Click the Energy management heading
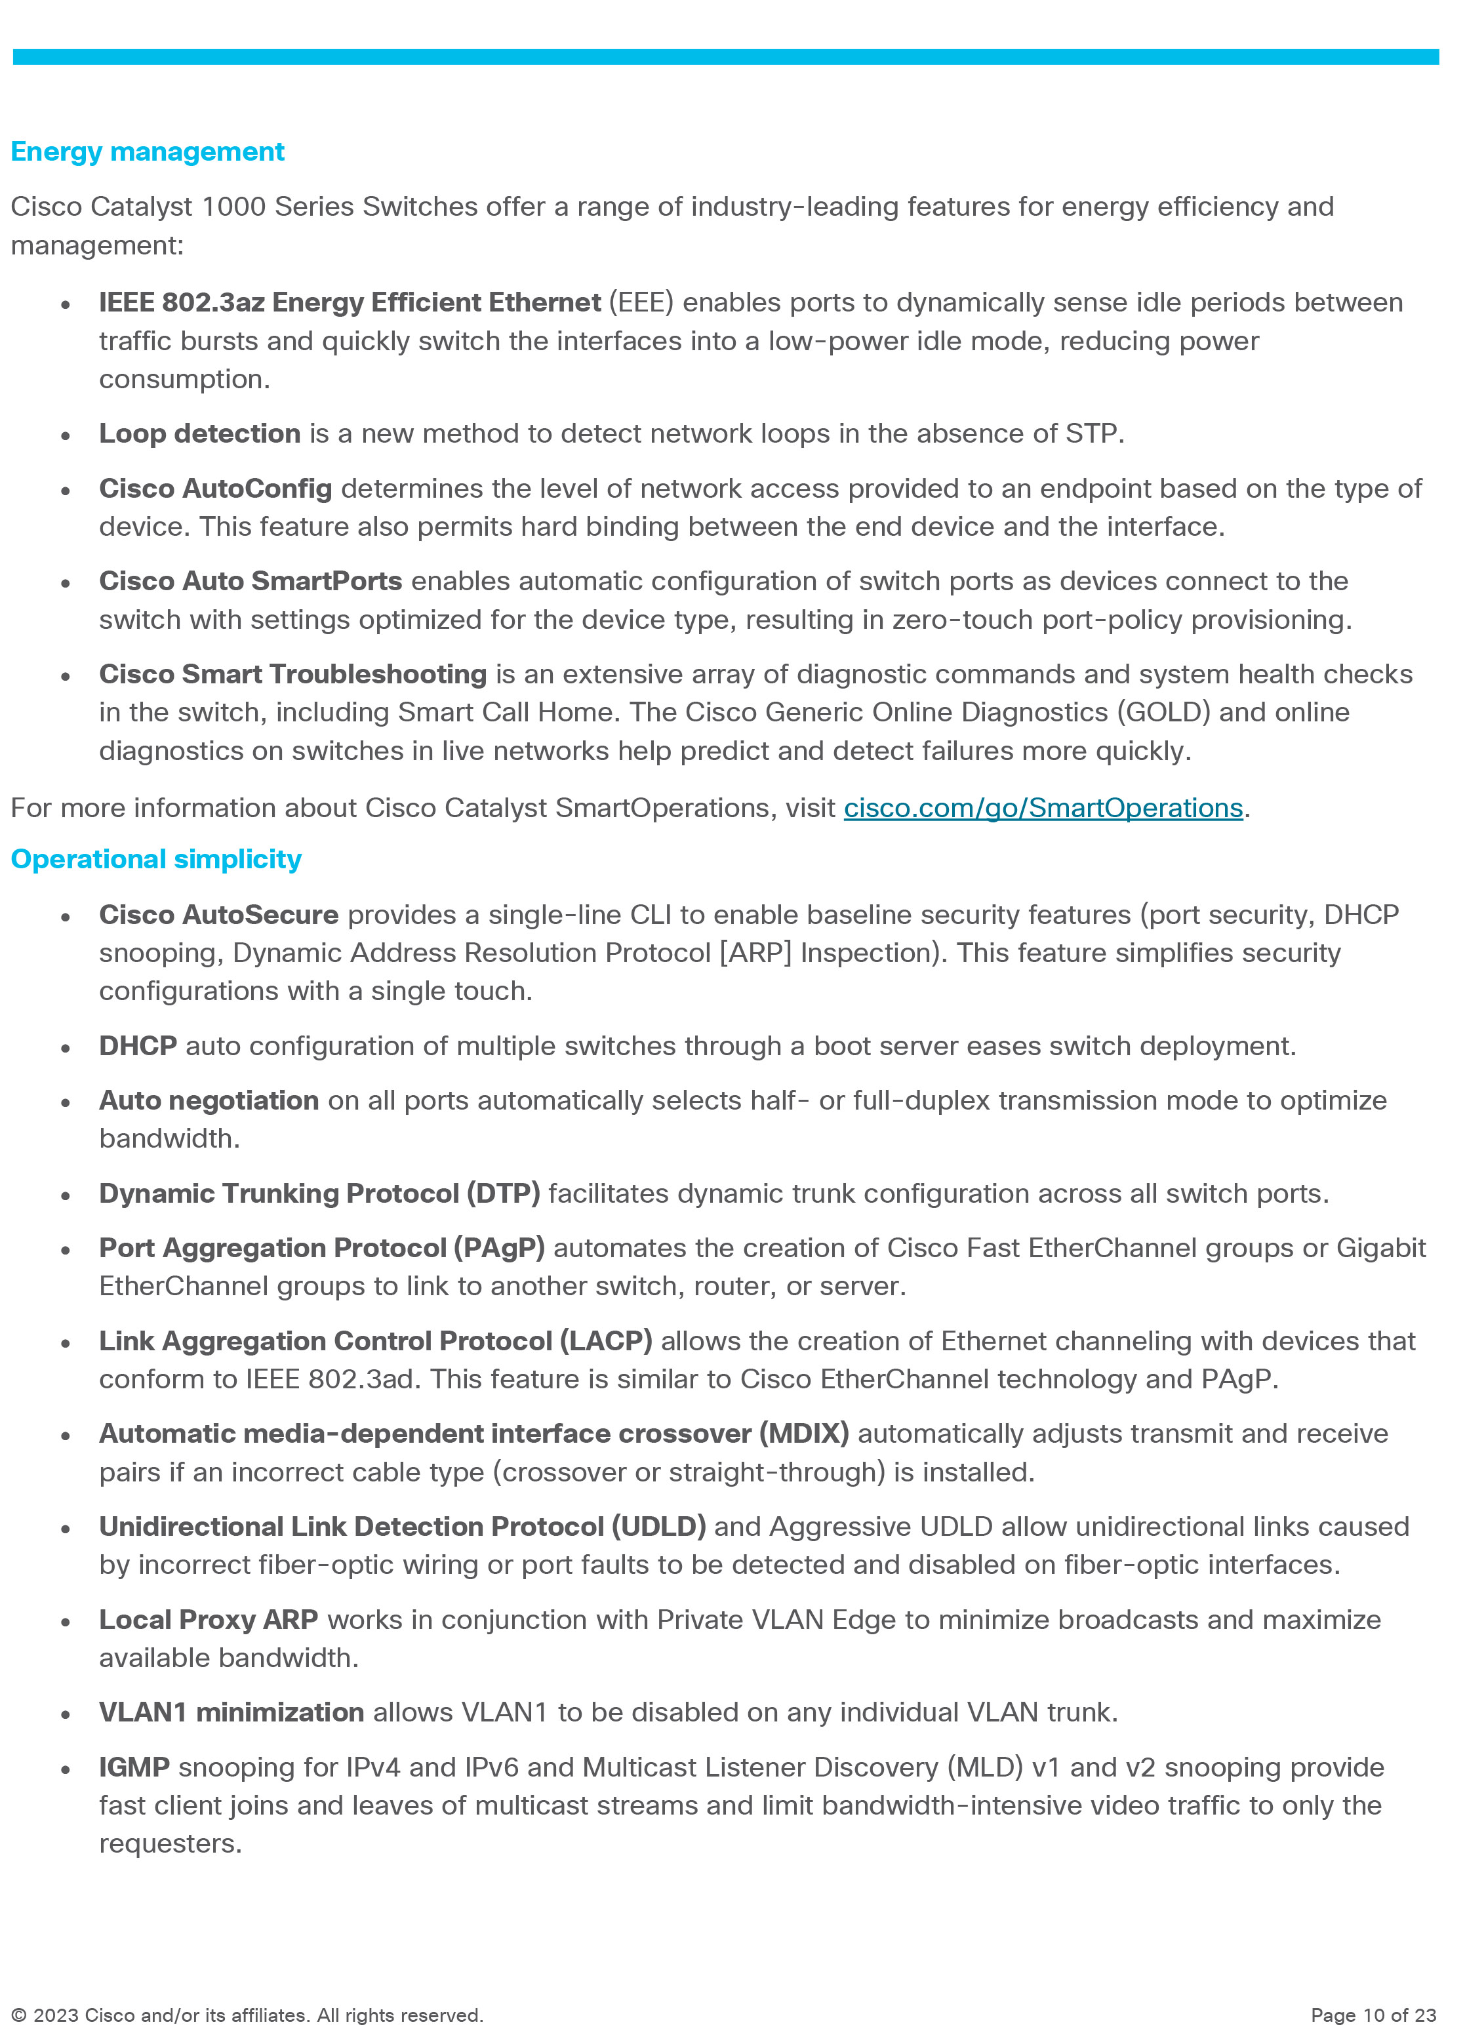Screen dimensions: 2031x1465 [x=148, y=151]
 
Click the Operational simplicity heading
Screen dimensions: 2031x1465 [x=156, y=859]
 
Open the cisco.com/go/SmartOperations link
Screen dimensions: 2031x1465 [x=1043, y=808]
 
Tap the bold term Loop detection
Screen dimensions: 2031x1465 [x=200, y=433]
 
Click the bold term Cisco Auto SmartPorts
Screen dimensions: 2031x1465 [x=251, y=580]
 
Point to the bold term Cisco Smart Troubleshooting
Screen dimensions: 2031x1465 [x=293, y=674]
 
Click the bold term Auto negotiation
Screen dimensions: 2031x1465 [x=209, y=1100]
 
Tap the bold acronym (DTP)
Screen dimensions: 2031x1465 [x=503, y=1193]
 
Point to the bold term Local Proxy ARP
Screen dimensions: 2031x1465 [x=209, y=1619]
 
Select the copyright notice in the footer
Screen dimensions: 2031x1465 [x=247, y=2015]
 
